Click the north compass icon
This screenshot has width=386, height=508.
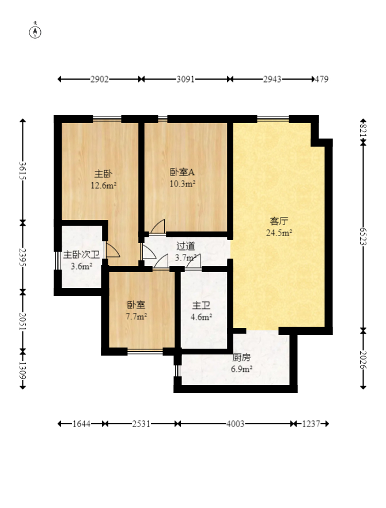tap(36, 31)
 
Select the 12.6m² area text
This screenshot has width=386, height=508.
tap(104, 185)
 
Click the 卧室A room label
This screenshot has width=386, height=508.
tap(183, 172)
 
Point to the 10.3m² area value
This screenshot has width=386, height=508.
tap(183, 184)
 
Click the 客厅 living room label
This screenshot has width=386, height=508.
tap(279, 221)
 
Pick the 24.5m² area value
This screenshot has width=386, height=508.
tap(279, 233)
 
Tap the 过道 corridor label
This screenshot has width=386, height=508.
tap(186, 246)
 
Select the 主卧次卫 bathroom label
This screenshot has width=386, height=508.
tap(81, 255)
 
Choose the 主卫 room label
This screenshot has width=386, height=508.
tap(201, 305)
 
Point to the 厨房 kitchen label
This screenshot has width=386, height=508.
tap(241, 357)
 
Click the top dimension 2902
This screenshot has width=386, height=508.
tap(100, 80)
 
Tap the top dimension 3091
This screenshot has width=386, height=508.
tap(186, 80)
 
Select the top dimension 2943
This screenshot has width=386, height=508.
tap(272, 80)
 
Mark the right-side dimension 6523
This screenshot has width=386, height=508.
tap(363, 236)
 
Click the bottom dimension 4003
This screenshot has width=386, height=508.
tap(236, 424)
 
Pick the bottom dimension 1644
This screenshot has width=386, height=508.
tap(82, 424)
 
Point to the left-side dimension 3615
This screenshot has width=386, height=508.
tap(23, 171)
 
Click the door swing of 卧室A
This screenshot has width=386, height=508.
tap(158, 227)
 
